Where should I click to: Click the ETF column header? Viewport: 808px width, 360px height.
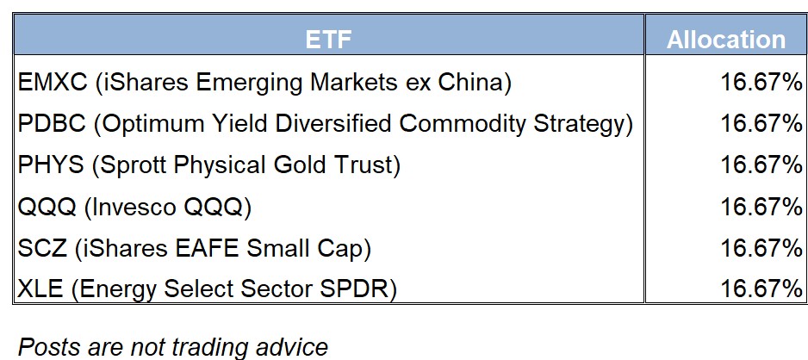(328, 40)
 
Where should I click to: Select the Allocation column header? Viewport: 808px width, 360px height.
(726, 40)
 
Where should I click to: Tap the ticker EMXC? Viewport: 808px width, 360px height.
(53, 83)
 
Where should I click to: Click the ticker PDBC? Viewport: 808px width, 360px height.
(52, 124)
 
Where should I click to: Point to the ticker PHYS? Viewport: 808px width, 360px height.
(51, 164)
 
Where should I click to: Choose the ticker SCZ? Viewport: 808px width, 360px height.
(42, 248)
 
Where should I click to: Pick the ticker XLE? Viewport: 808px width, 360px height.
(40, 289)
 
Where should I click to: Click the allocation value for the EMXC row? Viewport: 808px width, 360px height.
(761, 83)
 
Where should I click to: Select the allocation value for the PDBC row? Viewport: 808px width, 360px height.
(761, 124)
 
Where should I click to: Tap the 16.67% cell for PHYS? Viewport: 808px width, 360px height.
(761, 164)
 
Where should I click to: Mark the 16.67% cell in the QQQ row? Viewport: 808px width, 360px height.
(761, 207)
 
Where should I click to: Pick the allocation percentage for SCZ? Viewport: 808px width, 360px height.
(761, 248)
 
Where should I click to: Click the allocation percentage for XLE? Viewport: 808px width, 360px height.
(761, 289)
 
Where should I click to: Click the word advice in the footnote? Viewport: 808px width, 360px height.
(295, 346)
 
